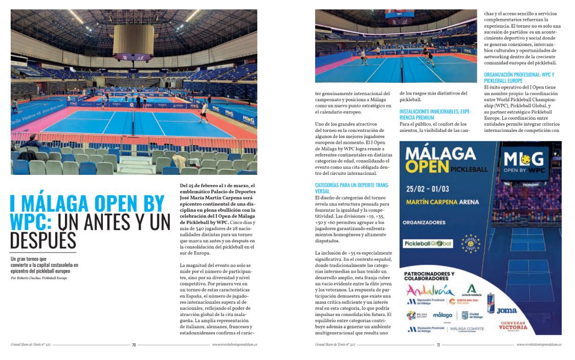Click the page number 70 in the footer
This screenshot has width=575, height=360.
(134, 345)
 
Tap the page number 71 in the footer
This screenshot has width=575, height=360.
(438, 345)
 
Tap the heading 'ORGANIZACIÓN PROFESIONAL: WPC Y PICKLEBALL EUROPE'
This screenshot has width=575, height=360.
(519, 78)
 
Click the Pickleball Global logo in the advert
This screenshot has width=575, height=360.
(428, 243)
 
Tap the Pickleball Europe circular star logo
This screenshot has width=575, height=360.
(471, 244)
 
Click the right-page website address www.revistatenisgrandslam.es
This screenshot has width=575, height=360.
(539, 345)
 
